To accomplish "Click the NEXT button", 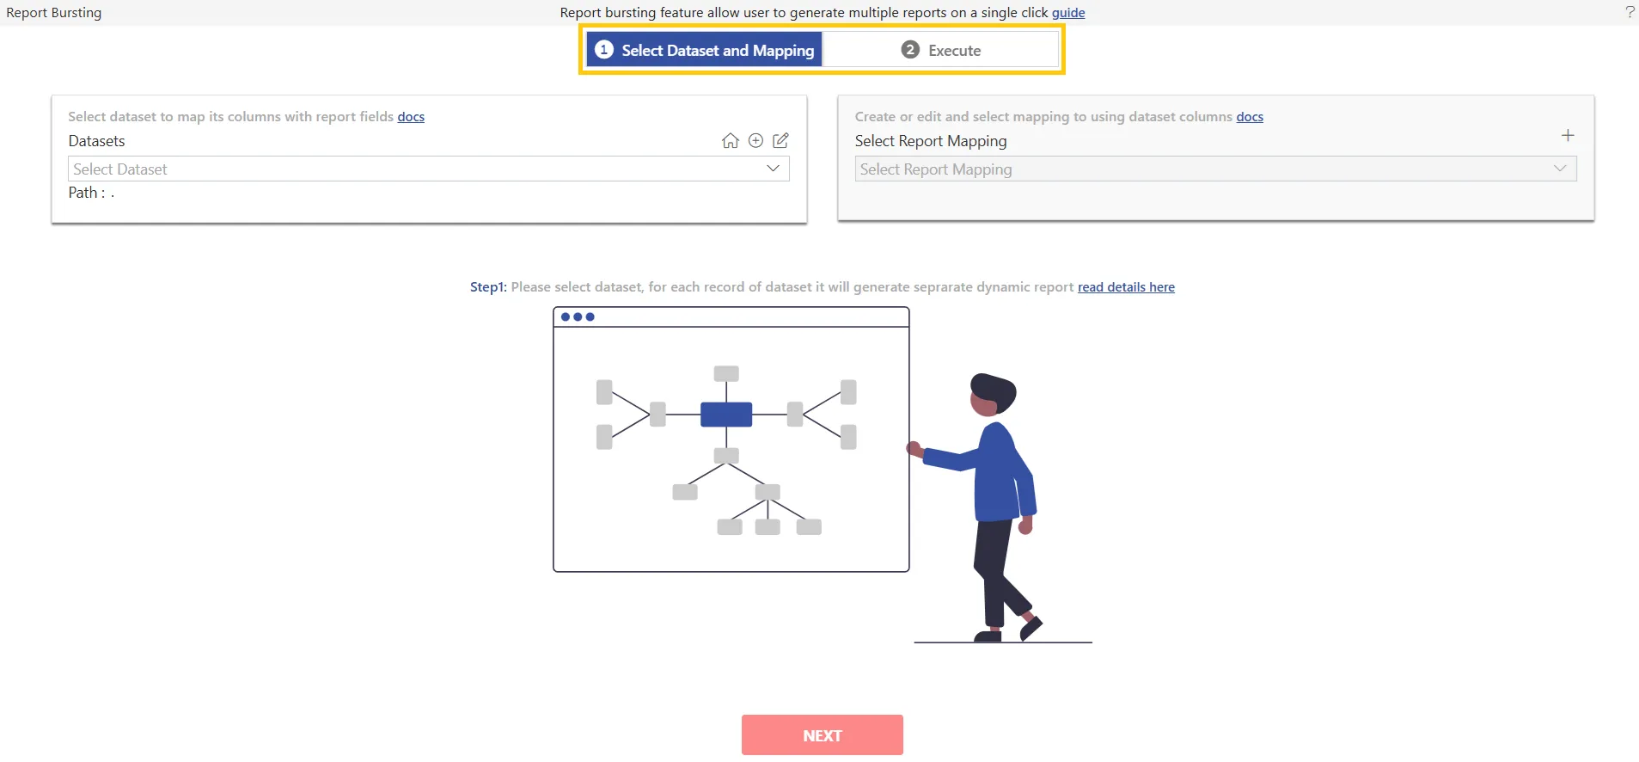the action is [822, 735].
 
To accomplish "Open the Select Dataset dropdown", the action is [428, 169].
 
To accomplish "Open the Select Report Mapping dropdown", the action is [1215, 169].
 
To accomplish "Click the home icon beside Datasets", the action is [731, 141].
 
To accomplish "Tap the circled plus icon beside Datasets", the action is [755, 141].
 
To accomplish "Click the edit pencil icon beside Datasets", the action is [780, 140].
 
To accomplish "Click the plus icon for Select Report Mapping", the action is [1568, 135].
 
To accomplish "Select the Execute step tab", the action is [941, 50].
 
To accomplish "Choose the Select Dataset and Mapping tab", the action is [705, 50].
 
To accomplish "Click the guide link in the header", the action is [1068, 13].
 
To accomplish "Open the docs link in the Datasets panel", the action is [411, 117].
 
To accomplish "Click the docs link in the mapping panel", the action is [1250, 117].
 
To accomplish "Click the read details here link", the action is [1126, 287].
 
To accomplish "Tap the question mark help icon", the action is [1630, 12].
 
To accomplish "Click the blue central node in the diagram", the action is [726, 415].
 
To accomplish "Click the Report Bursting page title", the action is [54, 13].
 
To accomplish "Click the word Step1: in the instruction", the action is [488, 287].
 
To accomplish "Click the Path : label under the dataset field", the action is [87, 193].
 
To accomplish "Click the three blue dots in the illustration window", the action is [578, 316].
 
